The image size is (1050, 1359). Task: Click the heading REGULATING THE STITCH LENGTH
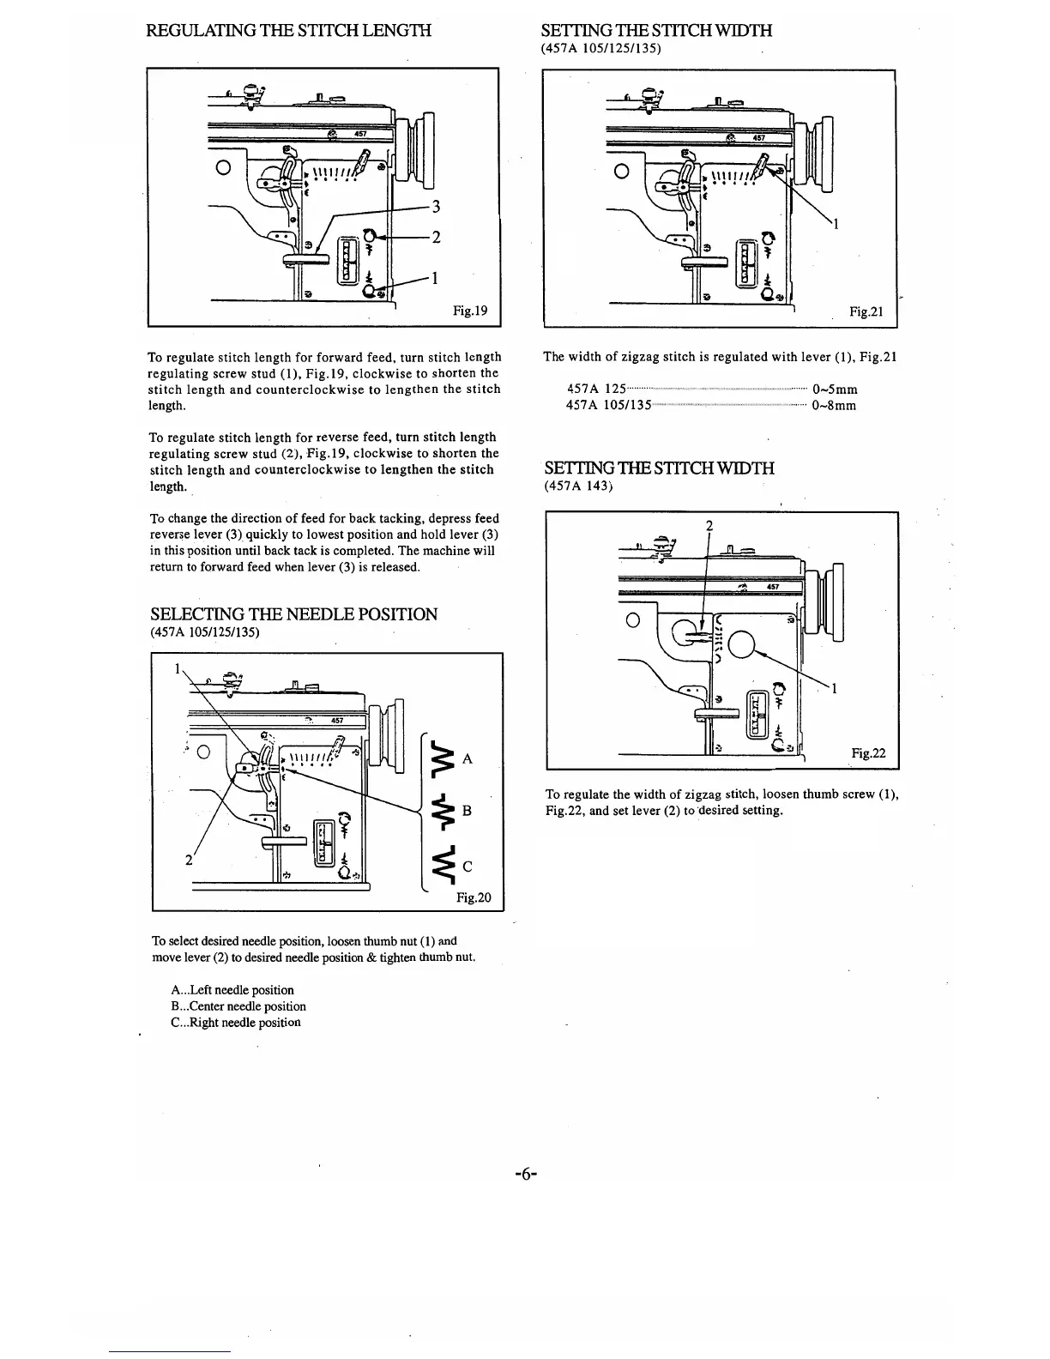pyautogui.click(x=289, y=32)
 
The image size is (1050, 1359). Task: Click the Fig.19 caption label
pyautogui.click(x=470, y=311)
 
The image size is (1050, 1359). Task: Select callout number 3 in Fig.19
pyautogui.click(x=436, y=207)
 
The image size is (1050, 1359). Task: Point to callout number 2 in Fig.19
pyautogui.click(x=436, y=238)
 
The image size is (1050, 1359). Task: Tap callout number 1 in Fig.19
pyautogui.click(x=436, y=278)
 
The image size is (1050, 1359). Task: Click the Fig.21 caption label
pyautogui.click(x=866, y=312)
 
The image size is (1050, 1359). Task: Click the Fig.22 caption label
pyautogui.click(x=868, y=754)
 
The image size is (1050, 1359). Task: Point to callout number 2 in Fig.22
pyautogui.click(x=709, y=526)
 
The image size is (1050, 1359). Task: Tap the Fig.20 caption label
pyautogui.click(x=474, y=897)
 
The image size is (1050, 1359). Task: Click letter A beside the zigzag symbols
pyautogui.click(x=468, y=759)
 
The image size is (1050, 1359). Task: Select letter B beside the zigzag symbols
pyautogui.click(x=468, y=811)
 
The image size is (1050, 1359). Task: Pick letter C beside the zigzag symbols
pyautogui.click(x=468, y=867)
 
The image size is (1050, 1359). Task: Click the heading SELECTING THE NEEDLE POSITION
pyautogui.click(x=293, y=614)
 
